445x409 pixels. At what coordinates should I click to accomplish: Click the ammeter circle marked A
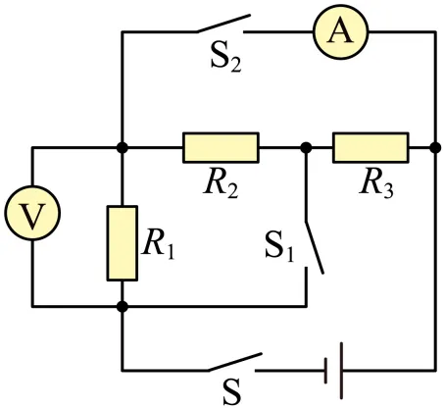click(341, 31)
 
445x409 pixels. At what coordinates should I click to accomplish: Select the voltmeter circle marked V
click(32, 213)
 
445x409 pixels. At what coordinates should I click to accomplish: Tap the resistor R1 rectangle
click(123, 243)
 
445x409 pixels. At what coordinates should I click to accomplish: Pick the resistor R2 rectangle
click(221, 147)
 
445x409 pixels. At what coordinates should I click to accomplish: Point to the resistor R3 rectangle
click(371, 147)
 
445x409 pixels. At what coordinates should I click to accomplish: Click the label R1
click(159, 243)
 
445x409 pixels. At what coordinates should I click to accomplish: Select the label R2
click(221, 182)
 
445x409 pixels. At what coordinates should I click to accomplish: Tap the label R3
click(376, 182)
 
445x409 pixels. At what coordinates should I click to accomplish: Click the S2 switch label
click(225, 58)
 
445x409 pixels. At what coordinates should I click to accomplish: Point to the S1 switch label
click(279, 246)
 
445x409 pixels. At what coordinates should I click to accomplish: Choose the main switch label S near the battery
click(231, 391)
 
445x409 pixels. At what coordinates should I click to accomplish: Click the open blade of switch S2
click(223, 24)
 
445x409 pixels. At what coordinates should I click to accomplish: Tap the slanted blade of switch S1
click(315, 247)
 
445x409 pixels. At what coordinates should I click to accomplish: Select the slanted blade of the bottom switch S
click(234, 362)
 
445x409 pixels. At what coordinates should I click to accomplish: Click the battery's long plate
click(341, 371)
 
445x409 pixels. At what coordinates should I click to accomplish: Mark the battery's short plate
click(325, 371)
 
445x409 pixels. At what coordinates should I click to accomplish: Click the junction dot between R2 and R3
click(306, 148)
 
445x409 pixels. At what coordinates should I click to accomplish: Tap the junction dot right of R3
click(435, 148)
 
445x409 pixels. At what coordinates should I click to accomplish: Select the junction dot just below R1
click(123, 307)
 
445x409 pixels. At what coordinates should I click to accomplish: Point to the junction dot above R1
click(123, 148)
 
